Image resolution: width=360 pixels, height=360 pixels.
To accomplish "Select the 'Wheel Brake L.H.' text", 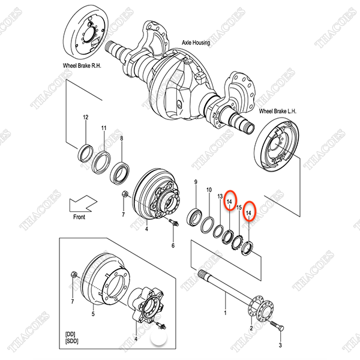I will pos(278,112).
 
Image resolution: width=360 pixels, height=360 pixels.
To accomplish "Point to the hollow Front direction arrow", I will pos(80,203).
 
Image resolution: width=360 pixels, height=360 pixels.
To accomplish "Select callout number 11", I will pos(104,128).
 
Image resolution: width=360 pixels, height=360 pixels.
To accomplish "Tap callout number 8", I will pos(122,139).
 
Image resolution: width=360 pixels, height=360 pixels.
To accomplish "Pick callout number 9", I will pos(195,182).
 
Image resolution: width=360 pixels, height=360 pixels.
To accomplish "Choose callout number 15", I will pos(239,208).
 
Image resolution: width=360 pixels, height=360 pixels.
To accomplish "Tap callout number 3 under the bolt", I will pos(280,346).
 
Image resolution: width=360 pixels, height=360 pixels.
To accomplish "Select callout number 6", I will pos(173,246).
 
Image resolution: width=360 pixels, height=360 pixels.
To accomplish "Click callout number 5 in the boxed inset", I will pos(92,313).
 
